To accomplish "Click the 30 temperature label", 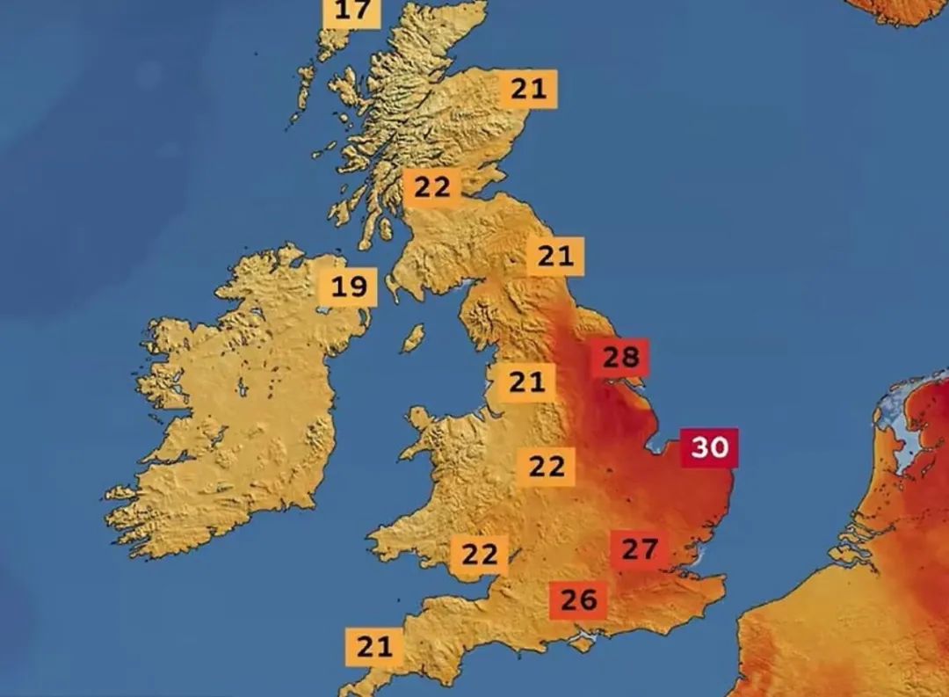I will tap(710, 447).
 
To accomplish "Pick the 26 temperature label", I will tap(578, 600).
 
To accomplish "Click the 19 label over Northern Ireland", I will tap(348, 287).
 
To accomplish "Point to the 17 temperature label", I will tap(352, 11).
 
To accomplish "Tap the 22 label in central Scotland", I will tap(431, 187).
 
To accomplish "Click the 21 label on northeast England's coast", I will tap(554, 257).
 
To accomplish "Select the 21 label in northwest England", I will tap(527, 382).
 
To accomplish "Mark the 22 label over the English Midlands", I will tap(546, 466).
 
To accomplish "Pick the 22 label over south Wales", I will tap(480, 555).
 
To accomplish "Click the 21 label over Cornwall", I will tap(374, 648).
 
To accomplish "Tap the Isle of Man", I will tap(412, 338).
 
